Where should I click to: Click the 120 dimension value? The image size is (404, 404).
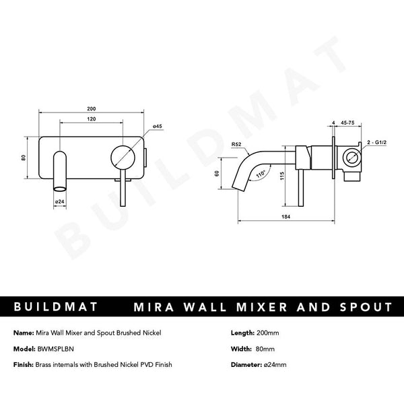(91, 119)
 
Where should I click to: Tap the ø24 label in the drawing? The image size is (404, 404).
(59, 201)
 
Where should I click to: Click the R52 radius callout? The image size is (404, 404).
(236, 143)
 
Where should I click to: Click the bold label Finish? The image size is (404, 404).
(24, 364)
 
